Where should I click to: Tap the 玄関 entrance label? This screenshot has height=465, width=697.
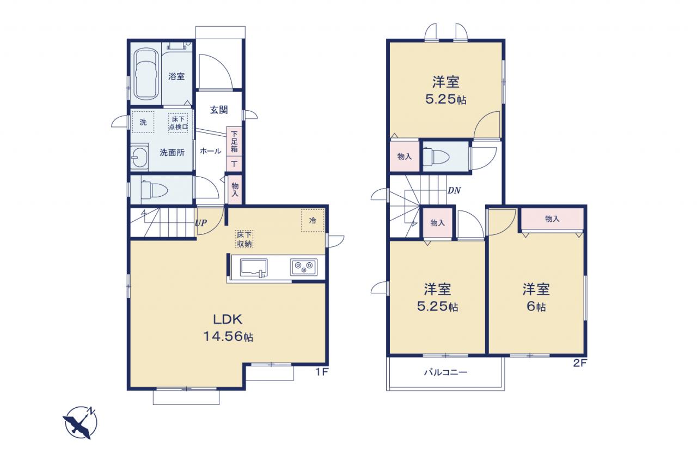click(219, 110)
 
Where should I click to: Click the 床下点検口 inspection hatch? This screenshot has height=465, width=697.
click(178, 123)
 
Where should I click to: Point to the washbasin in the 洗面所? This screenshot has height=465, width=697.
click(139, 158)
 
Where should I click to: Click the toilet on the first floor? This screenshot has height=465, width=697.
click(154, 190)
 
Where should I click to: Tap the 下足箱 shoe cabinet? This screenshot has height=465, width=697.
click(234, 142)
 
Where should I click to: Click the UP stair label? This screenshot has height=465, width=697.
click(201, 223)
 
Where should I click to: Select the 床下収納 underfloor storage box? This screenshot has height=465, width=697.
click(244, 239)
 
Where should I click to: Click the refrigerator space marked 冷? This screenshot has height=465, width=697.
click(313, 221)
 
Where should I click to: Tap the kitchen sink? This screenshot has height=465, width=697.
click(254, 268)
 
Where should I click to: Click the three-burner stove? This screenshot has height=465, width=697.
click(304, 267)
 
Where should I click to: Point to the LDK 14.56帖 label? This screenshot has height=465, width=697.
click(228, 328)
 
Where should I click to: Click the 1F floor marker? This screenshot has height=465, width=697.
click(322, 372)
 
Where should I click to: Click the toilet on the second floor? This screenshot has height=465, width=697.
click(436, 156)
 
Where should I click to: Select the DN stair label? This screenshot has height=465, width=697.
click(454, 190)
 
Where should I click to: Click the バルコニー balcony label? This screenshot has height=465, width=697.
click(445, 372)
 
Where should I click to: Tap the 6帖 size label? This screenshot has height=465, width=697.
click(536, 306)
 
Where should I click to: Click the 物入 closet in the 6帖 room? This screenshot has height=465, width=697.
click(552, 219)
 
